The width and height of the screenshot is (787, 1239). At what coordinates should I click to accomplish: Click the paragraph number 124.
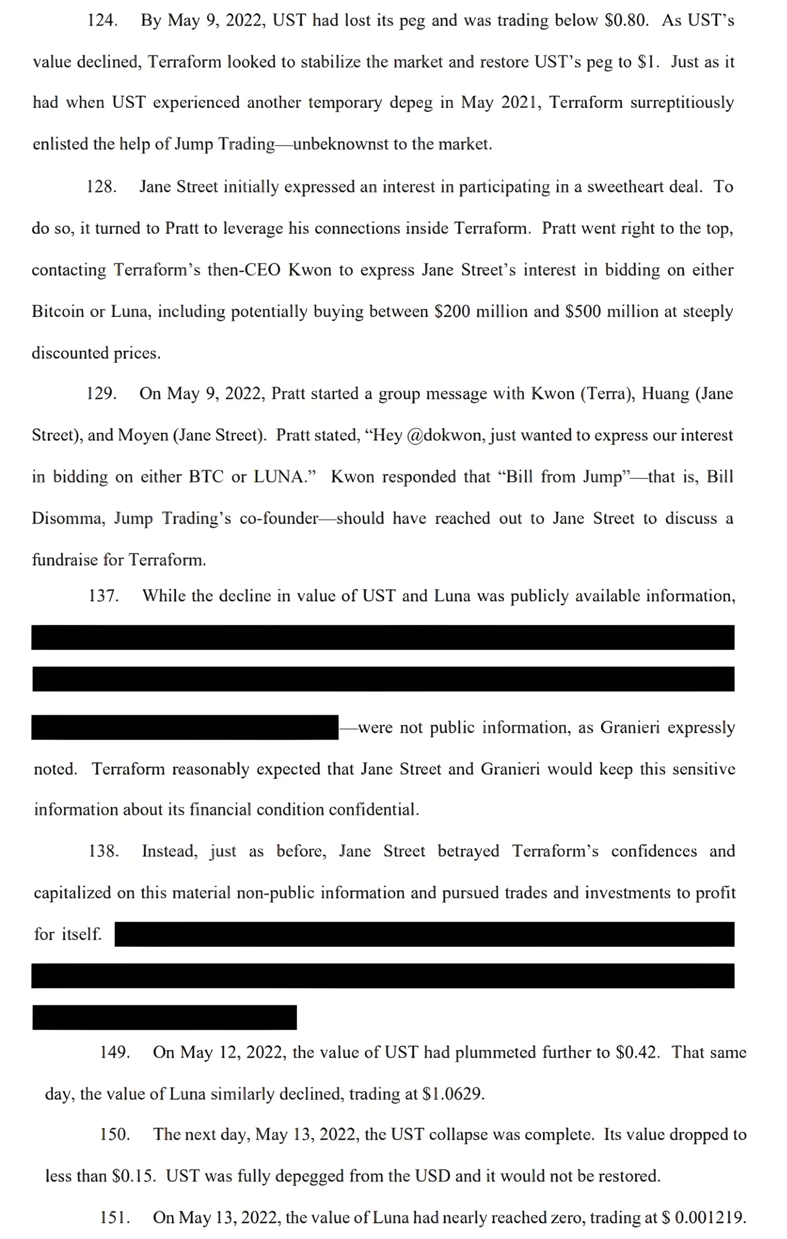[x=102, y=21]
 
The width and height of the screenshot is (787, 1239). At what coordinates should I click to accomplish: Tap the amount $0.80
[x=626, y=21]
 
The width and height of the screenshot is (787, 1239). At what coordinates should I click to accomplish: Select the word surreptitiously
[x=682, y=103]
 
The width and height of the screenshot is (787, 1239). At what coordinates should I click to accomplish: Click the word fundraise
[x=64, y=560]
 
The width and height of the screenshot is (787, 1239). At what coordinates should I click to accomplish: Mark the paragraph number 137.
[x=104, y=596]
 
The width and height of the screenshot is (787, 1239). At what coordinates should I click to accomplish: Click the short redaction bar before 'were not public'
[x=185, y=727]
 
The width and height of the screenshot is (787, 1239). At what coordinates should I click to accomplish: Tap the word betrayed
[x=468, y=851]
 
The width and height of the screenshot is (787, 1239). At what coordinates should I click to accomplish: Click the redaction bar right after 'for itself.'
[x=424, y=934]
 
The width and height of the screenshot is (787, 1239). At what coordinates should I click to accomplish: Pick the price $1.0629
[x=452, y=1094]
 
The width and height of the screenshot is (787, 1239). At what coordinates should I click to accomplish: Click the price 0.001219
[x=710, y=1218]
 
